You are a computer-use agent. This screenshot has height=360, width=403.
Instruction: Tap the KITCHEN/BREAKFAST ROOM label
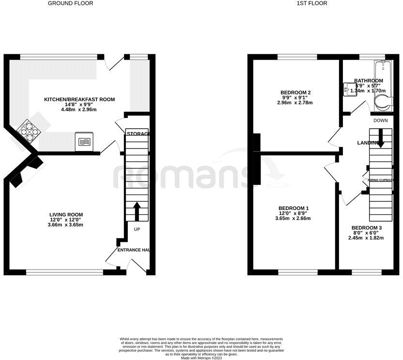click(x=79, y=99)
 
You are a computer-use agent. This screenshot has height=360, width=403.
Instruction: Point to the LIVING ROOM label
click(x=66, y=214)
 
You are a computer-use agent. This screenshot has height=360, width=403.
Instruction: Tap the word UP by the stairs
click(x=137, y=229)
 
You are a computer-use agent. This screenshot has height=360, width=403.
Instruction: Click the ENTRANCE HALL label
click(x=134, y=250)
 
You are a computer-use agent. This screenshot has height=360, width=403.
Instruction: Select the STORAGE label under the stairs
click(x=138, y=133)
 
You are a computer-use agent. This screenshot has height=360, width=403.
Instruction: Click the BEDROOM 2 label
click(x=295, y=92)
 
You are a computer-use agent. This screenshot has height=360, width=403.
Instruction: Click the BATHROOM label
click(x=368, y=81)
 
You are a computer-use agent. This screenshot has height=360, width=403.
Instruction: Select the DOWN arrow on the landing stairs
click(x=381, y=139)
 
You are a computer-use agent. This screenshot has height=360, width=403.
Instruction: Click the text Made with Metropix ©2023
click(x=201, y=358)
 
